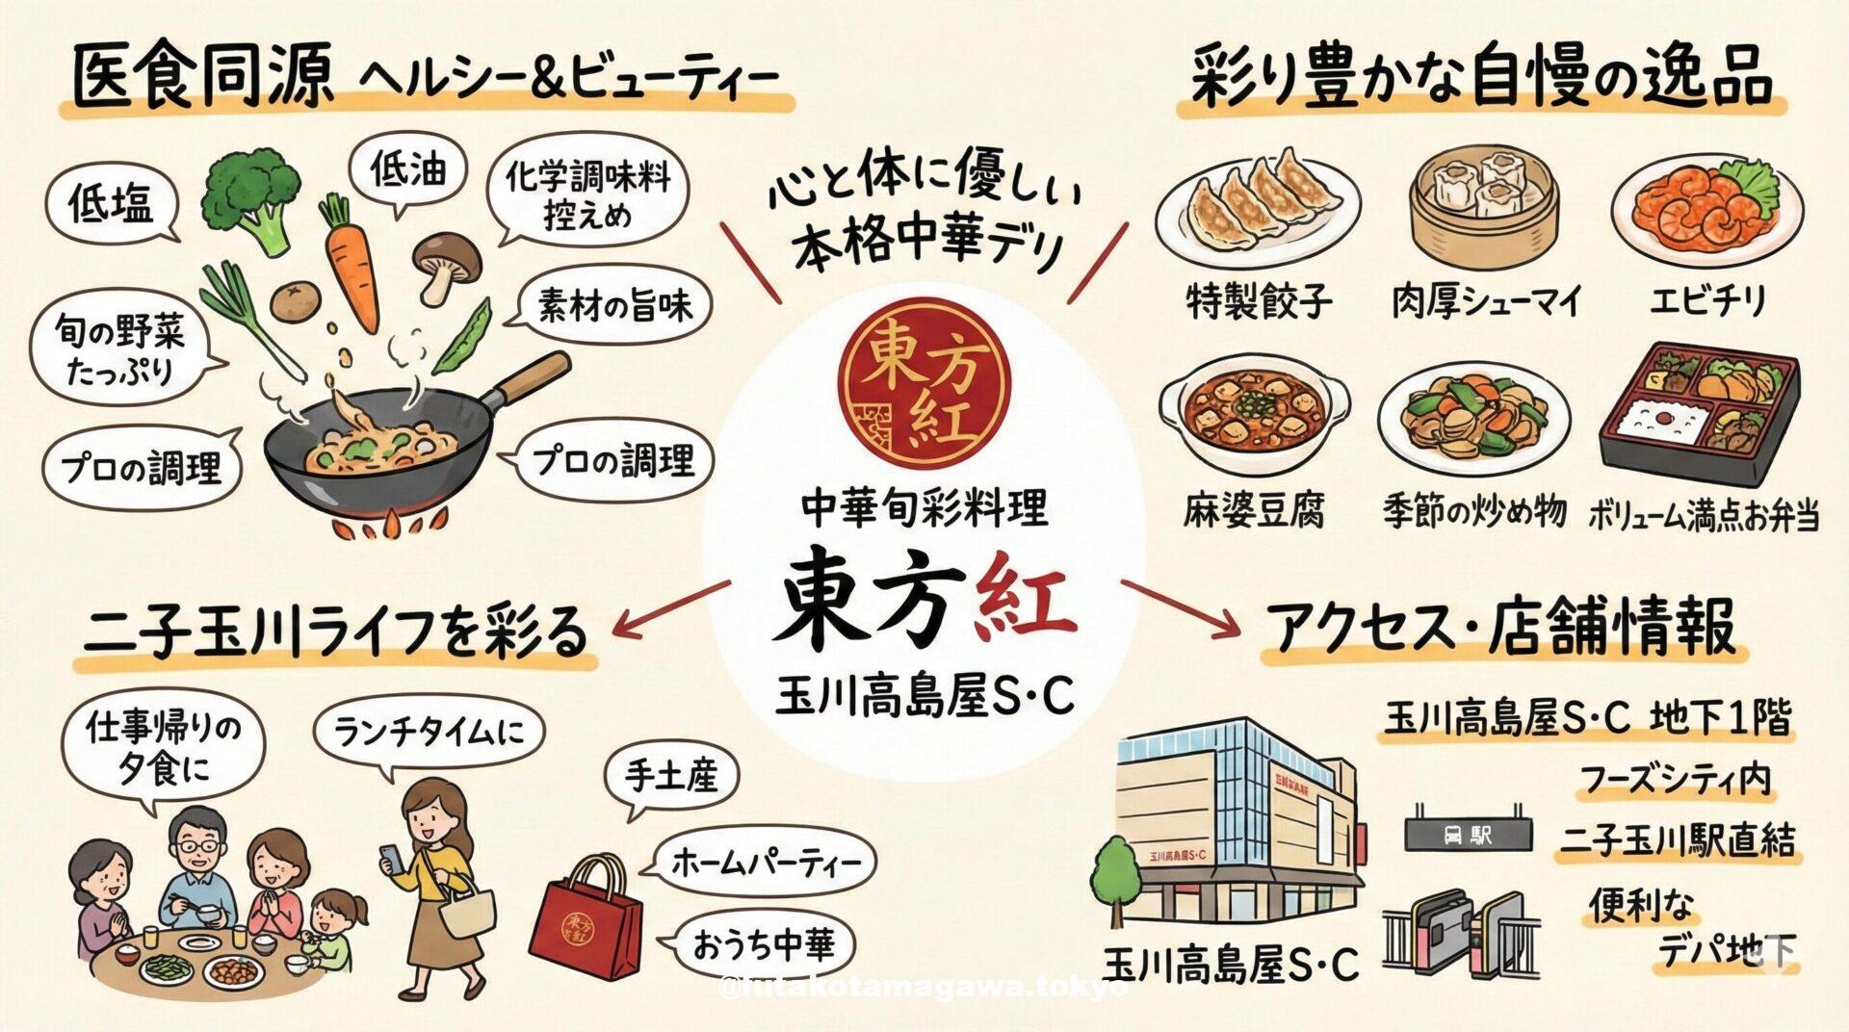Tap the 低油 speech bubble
click(x=407, y=171)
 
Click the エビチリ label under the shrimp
click(x=1706, y=301)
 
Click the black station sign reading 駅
click(x=1468, y=834)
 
